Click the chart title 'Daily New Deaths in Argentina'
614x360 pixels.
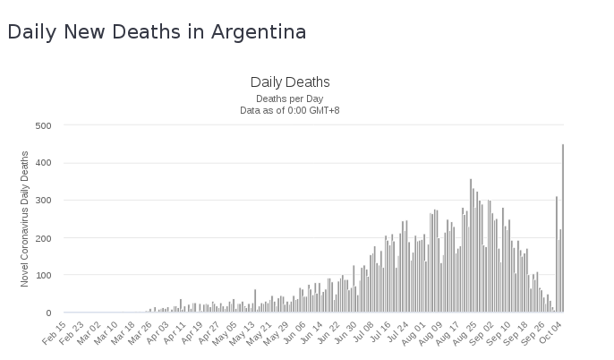click(157, 32)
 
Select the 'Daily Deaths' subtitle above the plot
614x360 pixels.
click(290, 82)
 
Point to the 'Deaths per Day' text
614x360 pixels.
click(290, 99)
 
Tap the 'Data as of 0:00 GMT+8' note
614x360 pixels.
click(290, 110)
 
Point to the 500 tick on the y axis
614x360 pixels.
click(43, 125)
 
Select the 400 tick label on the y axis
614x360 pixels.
click(43, 163)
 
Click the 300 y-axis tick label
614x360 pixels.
click(43, 201)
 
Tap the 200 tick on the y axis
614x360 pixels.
click(43, 238)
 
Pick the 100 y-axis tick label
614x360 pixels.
click(43, 276)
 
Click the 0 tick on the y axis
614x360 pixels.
click(48, 313)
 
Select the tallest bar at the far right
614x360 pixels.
click(563, 228)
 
